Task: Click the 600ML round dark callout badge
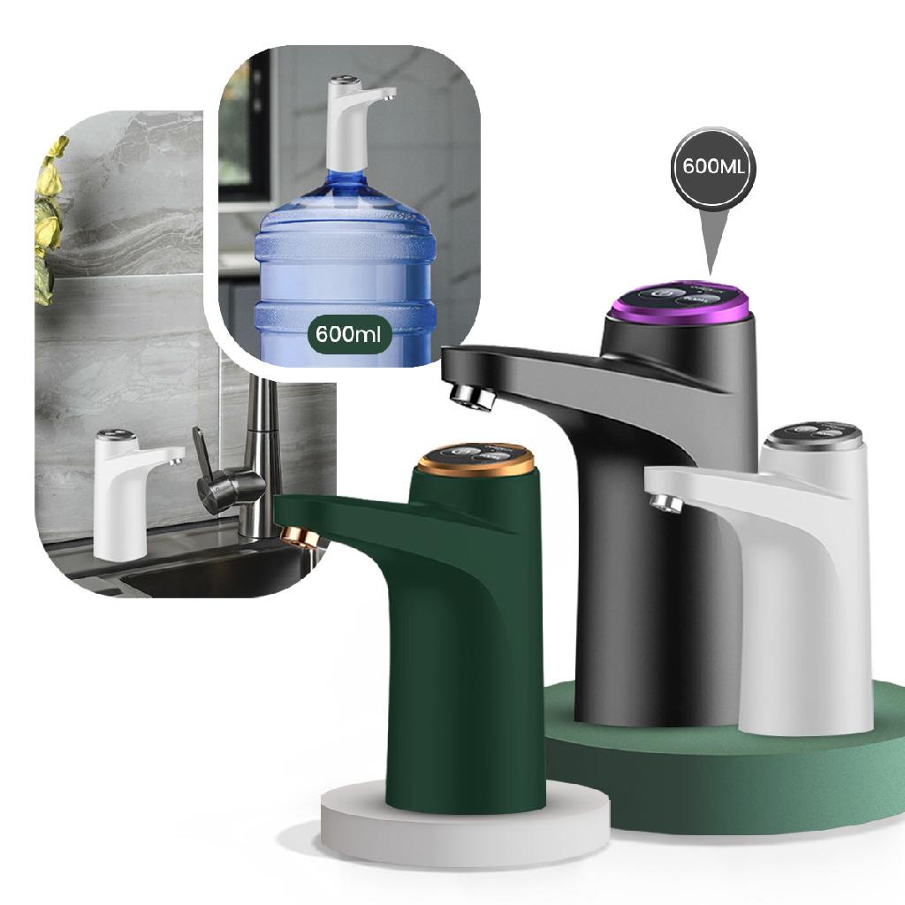point(712,168)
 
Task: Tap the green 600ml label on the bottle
point(348,333)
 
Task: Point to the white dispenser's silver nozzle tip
point(666,503)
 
